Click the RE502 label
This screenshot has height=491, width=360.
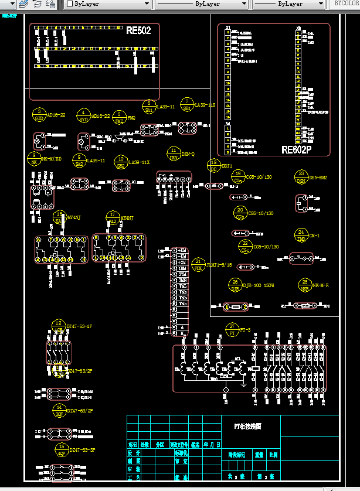[x=138, y=30]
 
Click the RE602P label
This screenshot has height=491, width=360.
[x=297, y=150]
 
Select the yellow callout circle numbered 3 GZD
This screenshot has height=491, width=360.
[x=39, y=115]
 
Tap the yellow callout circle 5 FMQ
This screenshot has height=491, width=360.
[x=84, y=115]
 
